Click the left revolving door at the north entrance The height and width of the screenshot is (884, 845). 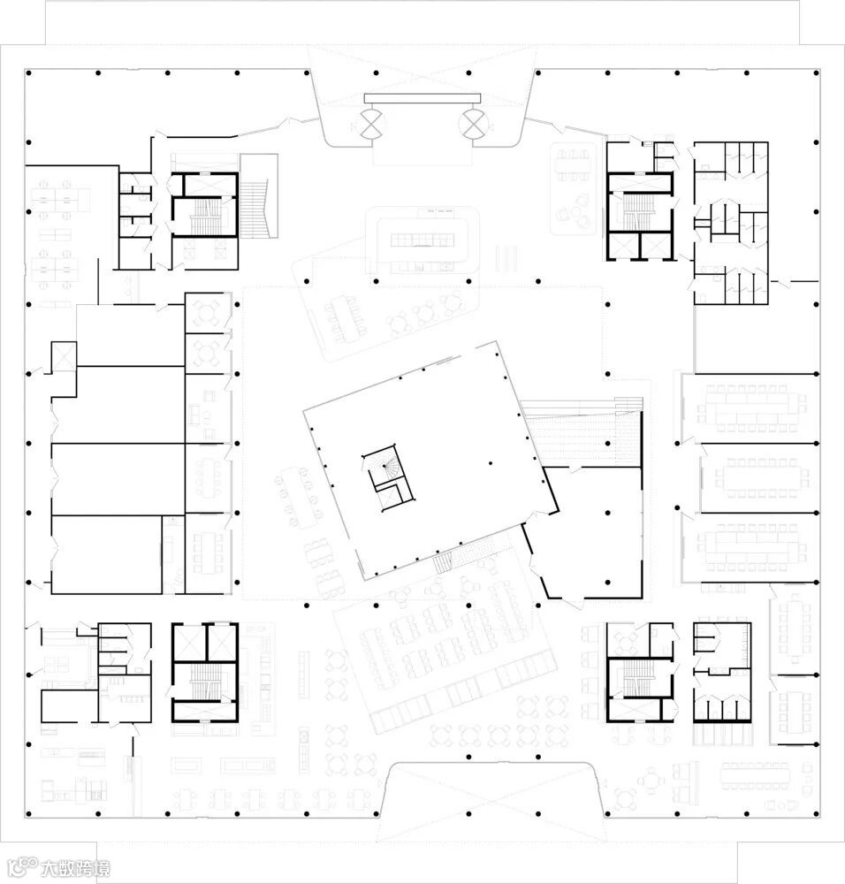[x=370, y=124]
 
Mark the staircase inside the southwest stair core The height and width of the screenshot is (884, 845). [x=204, y=682]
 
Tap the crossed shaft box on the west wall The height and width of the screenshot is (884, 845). [x=65, y=356]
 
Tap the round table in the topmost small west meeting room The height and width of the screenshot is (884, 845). [x=208, y=312]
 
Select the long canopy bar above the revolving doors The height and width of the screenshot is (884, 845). [x=423, y=98]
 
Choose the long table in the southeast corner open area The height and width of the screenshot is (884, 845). [x=753, y=776]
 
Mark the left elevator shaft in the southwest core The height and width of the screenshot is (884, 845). [x=188, y=641]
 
